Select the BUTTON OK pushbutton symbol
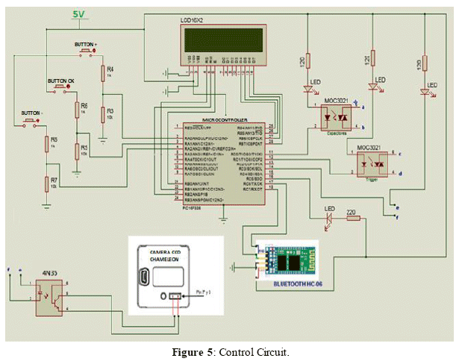point(58,89)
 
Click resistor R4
point(103,72)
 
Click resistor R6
point(77,110)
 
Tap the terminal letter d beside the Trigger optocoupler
point(402,172)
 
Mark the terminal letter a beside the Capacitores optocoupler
point(362,109)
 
